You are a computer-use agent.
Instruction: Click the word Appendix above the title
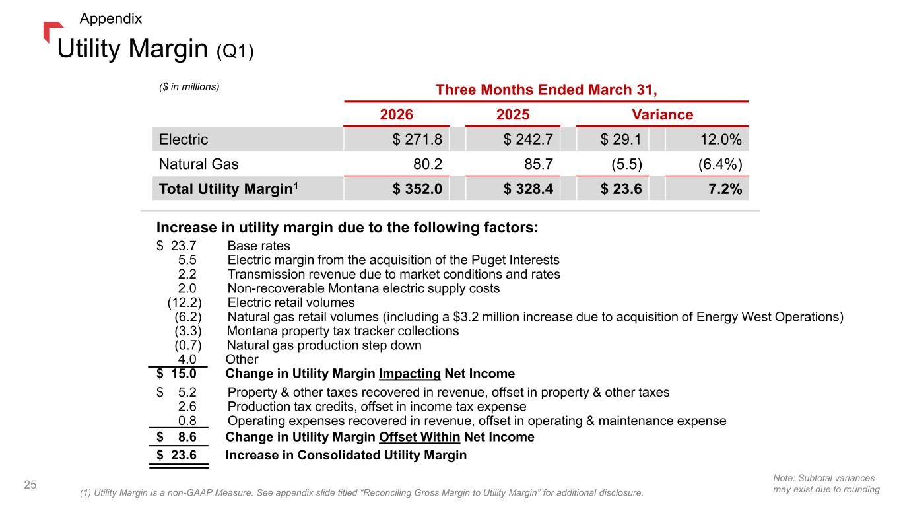[x=111, y=18]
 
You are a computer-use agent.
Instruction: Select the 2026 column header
[x=396, y=114]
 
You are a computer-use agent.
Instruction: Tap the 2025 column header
[x=512, y=114]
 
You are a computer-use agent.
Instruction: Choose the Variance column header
[x=663, y=114]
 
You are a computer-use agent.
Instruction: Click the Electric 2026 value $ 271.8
[x=417, y=139]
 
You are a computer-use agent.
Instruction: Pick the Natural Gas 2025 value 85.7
[x=539, y=164]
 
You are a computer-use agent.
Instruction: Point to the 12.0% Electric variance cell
[x=721, y=139]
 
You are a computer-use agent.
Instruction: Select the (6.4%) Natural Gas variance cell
[x=720, y=164]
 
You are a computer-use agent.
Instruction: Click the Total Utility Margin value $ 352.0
[x=417, y=189]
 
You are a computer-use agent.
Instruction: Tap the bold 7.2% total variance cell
[x=725, y=189]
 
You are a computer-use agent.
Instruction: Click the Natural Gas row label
[x=199, y=164]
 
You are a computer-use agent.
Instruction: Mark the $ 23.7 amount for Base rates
[x=176, y=246]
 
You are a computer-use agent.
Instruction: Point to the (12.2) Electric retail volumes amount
[x=185, y=302]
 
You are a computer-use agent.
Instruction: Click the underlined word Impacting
[x=410, y=374]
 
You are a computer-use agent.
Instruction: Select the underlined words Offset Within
[x=420, y=437]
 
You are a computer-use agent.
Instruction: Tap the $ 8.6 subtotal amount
[x=176, y=437]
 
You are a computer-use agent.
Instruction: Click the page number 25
[x=30, y=485]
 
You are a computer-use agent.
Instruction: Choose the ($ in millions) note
[x=189, y=87]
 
